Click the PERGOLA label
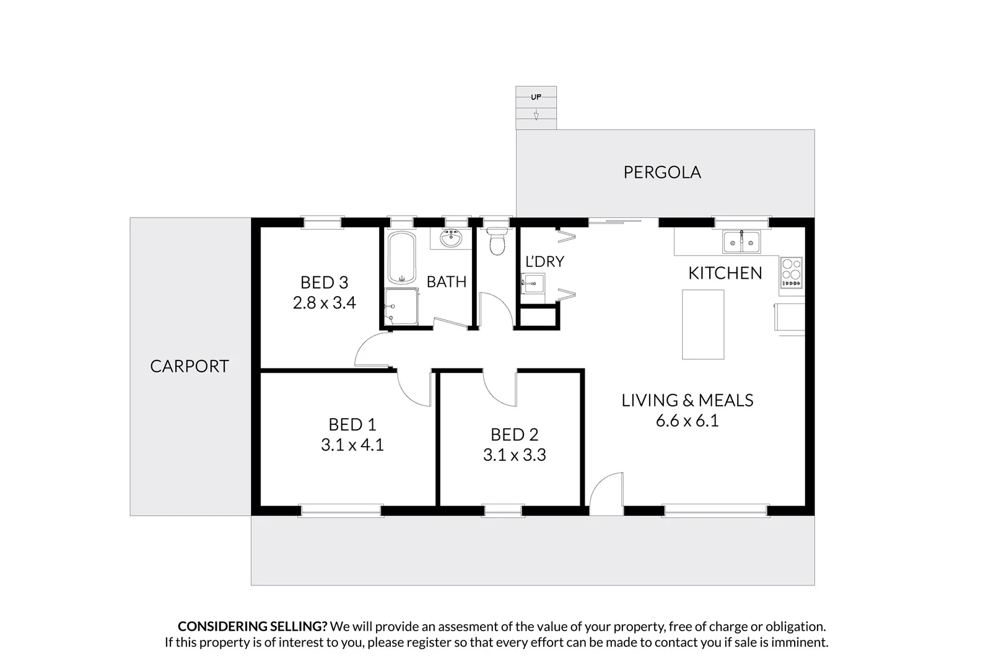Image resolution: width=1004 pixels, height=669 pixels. click(x=661, y=172)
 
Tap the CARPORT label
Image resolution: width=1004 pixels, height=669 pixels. click(x=190, y=366)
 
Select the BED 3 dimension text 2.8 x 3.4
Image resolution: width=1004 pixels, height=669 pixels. click(x=324, y=303)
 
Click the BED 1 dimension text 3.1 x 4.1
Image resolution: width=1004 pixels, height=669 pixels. click(x=352, y=445)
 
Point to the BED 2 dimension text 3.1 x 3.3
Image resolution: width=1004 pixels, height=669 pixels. click(x=514, y=455)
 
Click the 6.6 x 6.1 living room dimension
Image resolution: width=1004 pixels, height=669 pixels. click(x=687, y=421)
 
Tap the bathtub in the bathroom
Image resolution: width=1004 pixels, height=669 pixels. click(x=402, y=257)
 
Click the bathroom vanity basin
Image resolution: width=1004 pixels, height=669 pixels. click(x=451, y=238)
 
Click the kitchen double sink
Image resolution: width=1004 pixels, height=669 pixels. click(x=741, y=241)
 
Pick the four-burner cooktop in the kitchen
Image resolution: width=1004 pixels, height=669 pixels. click(x=791, y=273)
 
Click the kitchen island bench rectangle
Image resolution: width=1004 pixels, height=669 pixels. click(x=703, y=324)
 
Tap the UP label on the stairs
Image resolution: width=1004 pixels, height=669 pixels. click(x=536, y=97)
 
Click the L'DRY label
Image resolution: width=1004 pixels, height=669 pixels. click(x=544, y=262)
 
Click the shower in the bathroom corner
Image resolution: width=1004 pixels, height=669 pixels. click(x=400, y=307)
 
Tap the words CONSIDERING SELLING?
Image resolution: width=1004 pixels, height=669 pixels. click(x=252, y=627)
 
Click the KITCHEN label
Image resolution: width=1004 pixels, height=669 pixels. click(x=725, y=273)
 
